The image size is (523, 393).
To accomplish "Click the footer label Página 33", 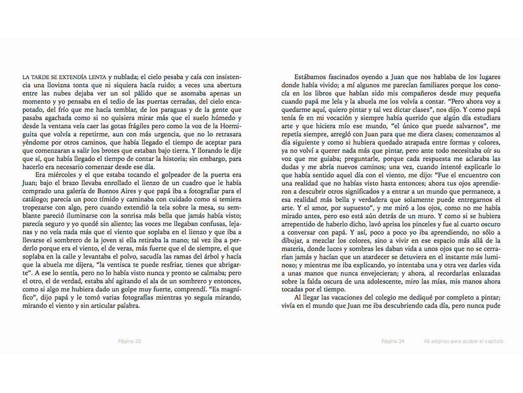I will click(x=129, y=341).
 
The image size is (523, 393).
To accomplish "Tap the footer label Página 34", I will click(x=393, y=341).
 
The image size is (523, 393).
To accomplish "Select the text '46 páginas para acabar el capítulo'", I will click(x=463, y=341).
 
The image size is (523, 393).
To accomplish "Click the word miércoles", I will click(x=56, y=174).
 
